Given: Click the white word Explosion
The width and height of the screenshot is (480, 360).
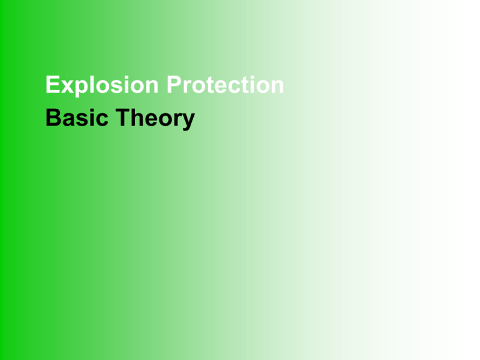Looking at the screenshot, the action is point(102,85).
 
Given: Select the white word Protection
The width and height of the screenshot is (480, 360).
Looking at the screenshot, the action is point(225,84).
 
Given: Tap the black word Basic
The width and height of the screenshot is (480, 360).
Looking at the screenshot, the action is point(77,117).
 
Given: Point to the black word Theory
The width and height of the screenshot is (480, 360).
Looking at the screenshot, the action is point(155,119).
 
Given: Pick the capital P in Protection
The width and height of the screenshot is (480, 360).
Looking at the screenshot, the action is point(174,84).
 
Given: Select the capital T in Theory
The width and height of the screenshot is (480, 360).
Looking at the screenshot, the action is point(123,117).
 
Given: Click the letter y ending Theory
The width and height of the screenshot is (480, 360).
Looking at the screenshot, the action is point(188,122).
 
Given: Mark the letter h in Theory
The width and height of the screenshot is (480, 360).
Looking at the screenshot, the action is point(138,117).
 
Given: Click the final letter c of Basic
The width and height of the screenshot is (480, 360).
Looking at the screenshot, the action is point(102,120).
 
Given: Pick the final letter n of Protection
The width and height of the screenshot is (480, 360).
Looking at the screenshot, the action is point(277,86).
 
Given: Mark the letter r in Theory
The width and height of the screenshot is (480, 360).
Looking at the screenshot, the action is point(176,119).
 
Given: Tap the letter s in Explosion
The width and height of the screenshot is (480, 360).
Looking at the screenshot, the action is point(117,87).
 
